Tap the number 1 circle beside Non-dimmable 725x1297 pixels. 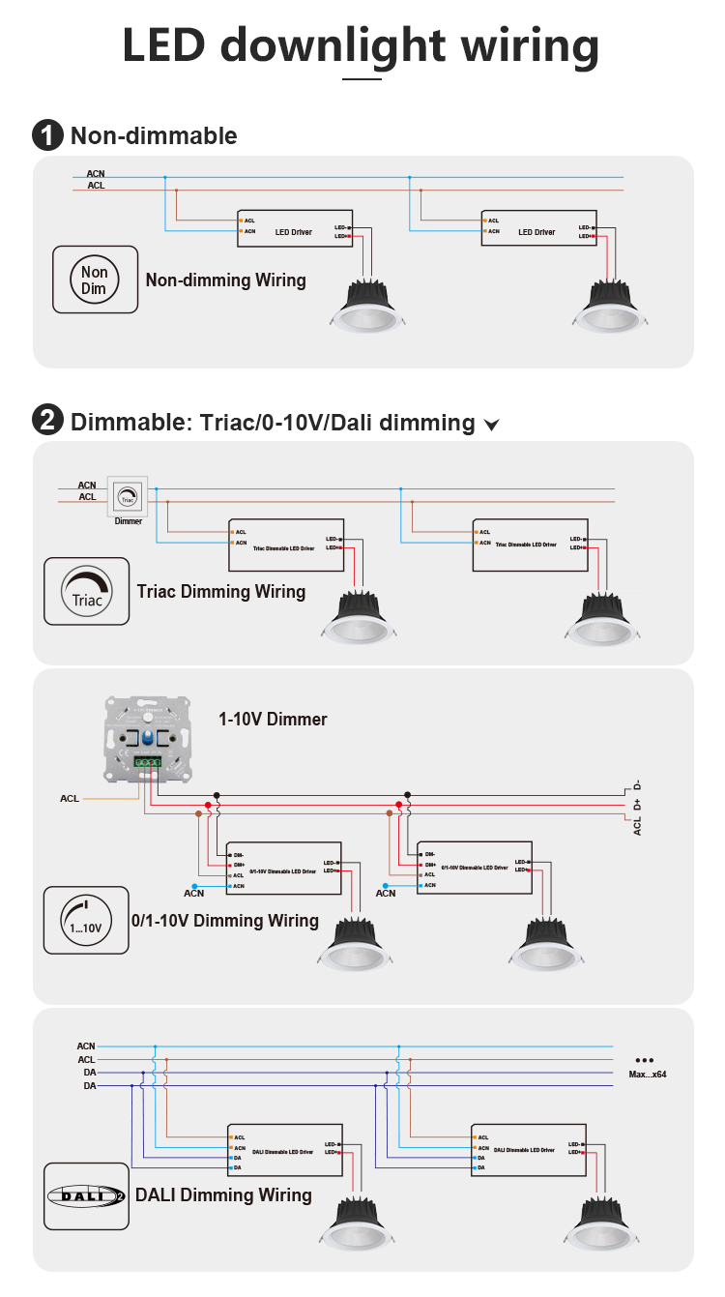click(x=47, y=135)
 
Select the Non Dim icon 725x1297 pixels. click(x=94, y=280)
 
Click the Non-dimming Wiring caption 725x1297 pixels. click(x=225, y=280)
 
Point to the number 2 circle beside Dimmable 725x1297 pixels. click(x=47, y=422)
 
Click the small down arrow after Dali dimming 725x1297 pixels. click(x=491, y=425)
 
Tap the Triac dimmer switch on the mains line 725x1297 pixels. click(x=128, y=497)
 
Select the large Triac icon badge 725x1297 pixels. click(x=86, y=590)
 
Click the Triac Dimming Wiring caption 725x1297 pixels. click(x=221, y=591)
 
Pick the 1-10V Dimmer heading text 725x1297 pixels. click(x=273, y=719)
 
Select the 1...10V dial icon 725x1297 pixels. click(x=86, y=920)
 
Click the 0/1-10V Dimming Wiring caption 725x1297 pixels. click(x=225, y=921)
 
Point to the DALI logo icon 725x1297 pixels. click(x=86, y=1195)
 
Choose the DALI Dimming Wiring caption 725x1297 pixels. click(x=223, y=1195)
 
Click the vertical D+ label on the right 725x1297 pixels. click(x=638, y=805)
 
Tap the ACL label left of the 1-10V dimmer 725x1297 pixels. click(x=70, y=799)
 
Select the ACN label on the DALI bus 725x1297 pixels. click(x=86, y=1046)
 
